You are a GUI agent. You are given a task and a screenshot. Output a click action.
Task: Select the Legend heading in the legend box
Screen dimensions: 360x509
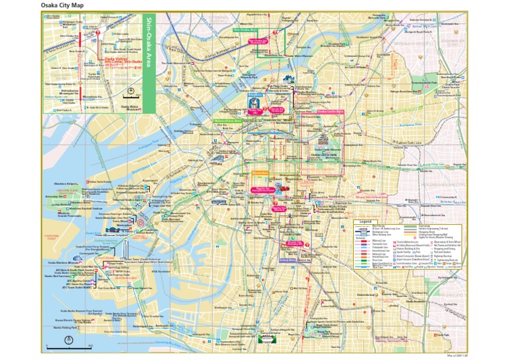click(x=367, y=221)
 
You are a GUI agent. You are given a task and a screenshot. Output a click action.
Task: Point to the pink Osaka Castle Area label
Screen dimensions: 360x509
click(x=330, y=111)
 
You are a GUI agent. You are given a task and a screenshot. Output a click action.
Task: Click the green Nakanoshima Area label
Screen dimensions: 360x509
click(x=228, y=121)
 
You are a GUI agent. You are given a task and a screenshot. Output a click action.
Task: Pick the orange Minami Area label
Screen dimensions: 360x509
click(x=259, y=174)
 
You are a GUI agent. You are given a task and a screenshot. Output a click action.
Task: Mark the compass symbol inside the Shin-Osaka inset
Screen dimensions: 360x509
click(x=131, y=91)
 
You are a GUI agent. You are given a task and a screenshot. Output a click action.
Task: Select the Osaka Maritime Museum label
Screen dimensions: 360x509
click(x=64, y=262)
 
